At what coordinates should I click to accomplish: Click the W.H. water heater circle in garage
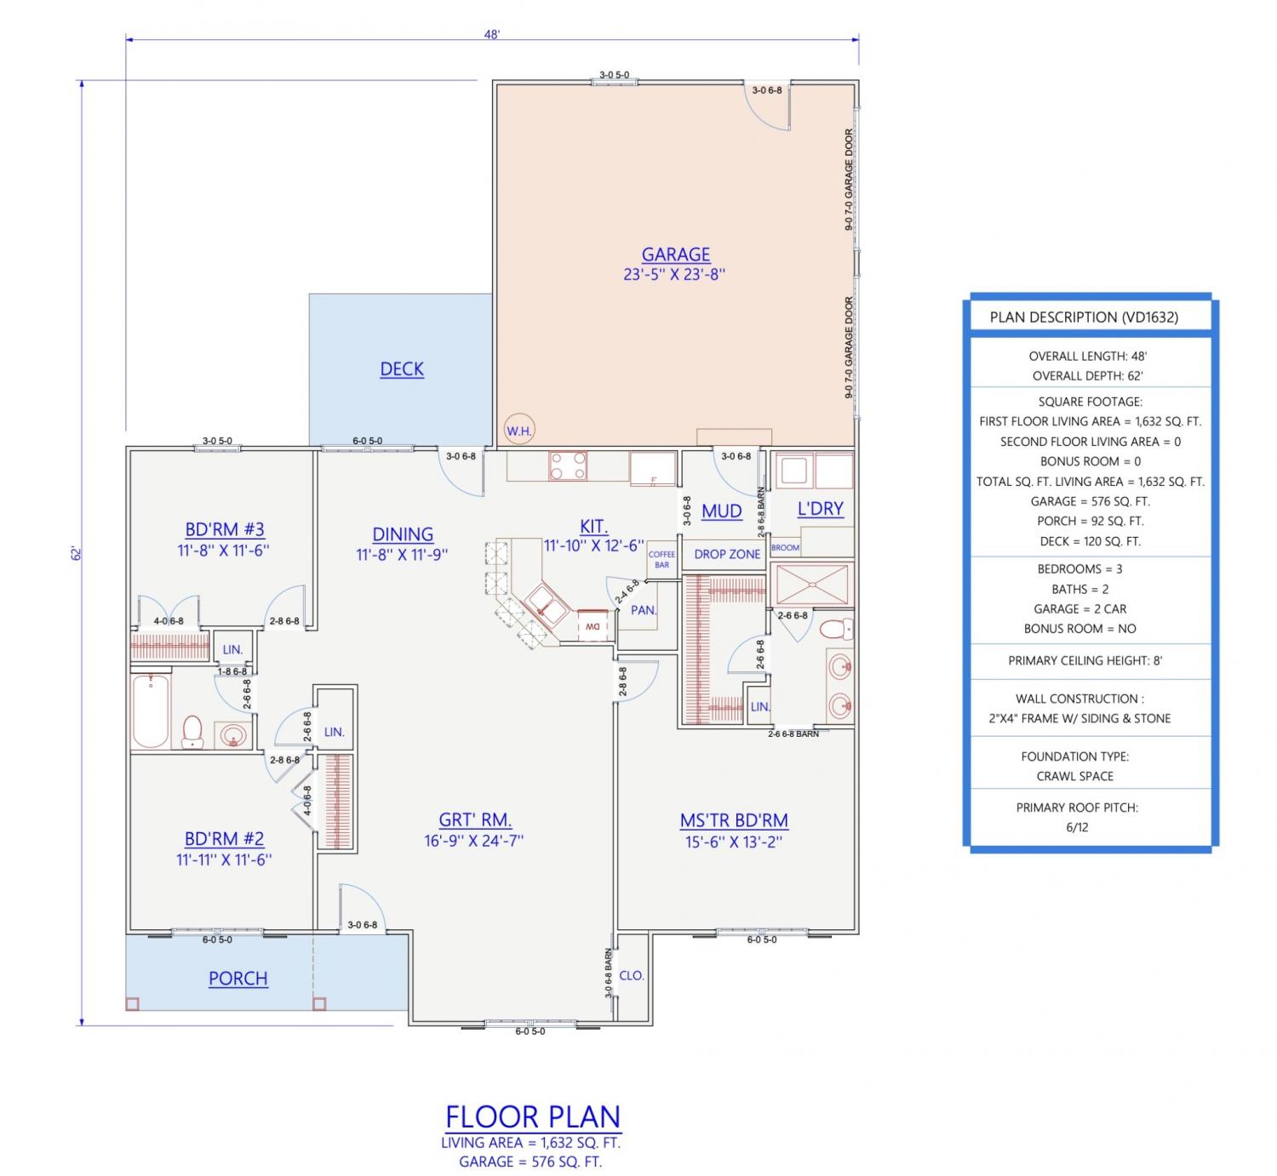(x=518, y=431)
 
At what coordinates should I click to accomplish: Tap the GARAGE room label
(x=675, y=254)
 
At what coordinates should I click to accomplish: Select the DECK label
(x=402, y=369)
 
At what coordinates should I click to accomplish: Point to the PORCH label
(x=238, y=978)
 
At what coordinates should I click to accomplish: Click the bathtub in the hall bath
(x=151, y=711)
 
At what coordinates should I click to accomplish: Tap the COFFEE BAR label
(x=661, y=559)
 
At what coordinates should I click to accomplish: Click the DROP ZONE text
(x=727, y=554)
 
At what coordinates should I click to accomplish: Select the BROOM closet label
(x=785, y=547)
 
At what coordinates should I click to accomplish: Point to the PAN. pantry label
(x=644, y=610)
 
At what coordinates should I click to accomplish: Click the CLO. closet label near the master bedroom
(x=632, y=975)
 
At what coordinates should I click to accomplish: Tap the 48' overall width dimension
(x=491, y=34)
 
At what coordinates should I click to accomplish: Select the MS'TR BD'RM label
(x=734, y=821)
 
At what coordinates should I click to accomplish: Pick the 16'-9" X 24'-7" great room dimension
(x=473, y=841)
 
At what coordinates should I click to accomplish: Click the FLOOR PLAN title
(x=532, y=1116)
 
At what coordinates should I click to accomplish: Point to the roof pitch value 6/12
(x=1077, y=827)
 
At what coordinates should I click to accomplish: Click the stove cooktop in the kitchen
(x=568, y=465)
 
